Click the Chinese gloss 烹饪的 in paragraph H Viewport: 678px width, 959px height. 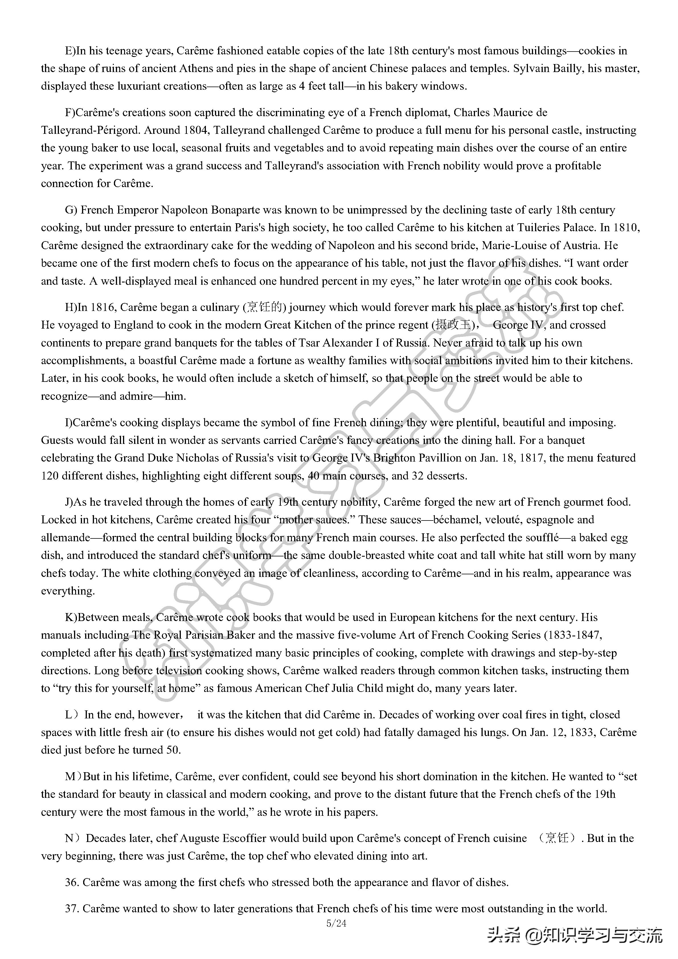tap(265, 308)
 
